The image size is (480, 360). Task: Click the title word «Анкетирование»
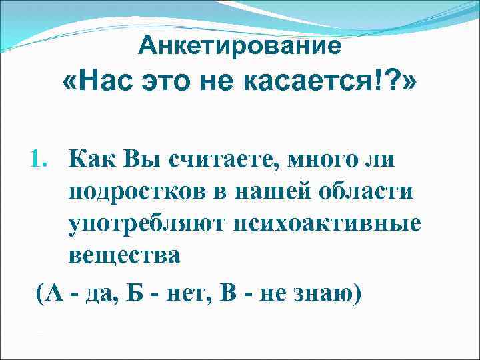[240, 46]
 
